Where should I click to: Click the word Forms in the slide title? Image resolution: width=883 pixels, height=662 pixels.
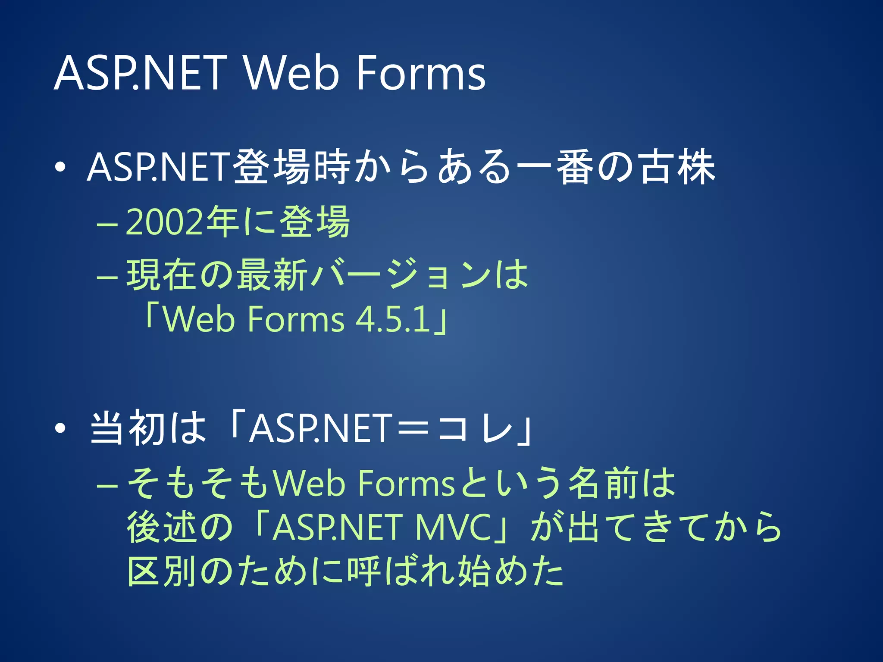click(x=420, y=73)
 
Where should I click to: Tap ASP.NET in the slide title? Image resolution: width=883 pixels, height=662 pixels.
click(x=141, y=73)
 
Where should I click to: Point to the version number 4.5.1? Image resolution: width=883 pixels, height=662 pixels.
click(x=393, y=319)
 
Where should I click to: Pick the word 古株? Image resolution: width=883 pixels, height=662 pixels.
click(x=677, y=167)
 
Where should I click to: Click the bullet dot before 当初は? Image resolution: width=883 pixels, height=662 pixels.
click(x=60, y=428)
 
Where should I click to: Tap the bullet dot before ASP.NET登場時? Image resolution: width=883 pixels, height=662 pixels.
click(x=60, y=167)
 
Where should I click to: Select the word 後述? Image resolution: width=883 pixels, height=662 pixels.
click(x=162, y=528)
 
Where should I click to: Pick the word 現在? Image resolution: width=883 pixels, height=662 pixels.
click(x=162, y=275)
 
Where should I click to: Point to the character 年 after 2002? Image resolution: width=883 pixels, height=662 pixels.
click(x=222, y=222)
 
